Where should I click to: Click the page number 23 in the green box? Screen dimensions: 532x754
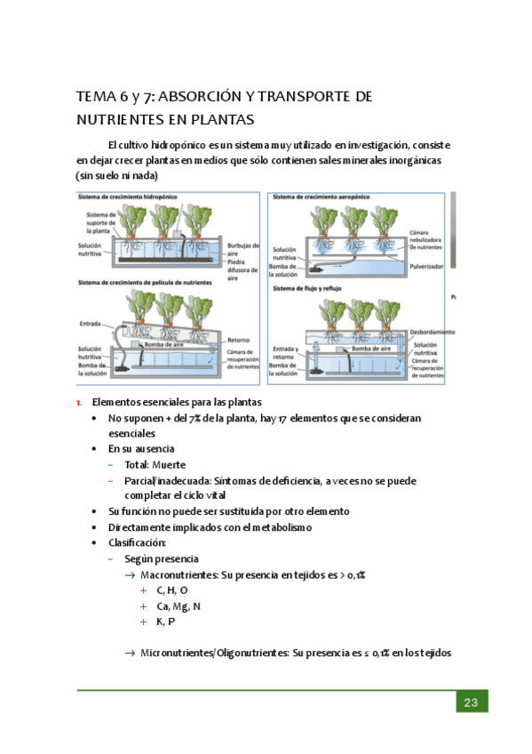tap(471, 702)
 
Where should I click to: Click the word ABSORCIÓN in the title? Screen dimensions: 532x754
tap(199, 97)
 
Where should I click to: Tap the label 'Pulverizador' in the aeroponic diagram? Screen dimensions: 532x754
tap(426, 266)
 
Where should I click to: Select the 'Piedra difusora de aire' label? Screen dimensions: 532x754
tap(242, 269)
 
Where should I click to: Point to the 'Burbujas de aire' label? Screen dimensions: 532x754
tap(243, 249)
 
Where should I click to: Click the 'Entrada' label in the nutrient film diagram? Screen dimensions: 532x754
tap(91, 324)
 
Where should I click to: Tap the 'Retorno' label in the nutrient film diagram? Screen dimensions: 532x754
tap(238, 340)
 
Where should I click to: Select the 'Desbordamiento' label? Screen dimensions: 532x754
tap(433, 332)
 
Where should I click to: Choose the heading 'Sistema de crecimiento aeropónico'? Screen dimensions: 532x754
tap(322, 197)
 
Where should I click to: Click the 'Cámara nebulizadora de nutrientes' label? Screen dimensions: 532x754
tap(425, 239)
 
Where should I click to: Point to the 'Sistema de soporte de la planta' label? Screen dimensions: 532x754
tap(101, 222)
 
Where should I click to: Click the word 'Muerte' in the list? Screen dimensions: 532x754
tap(169, 465)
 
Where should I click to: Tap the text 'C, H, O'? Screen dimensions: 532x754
tap(172, 590)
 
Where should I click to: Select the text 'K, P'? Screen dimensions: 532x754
tap(166, 622)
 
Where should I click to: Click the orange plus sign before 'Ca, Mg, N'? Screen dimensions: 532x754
tap(143, 606)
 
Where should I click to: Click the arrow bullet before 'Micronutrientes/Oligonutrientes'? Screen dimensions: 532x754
tap(130, 653)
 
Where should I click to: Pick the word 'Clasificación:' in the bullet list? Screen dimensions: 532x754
tap(137, 543)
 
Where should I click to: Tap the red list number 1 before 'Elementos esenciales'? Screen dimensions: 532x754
tap(79, 403)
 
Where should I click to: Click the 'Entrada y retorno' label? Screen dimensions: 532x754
tap(285, 353)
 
